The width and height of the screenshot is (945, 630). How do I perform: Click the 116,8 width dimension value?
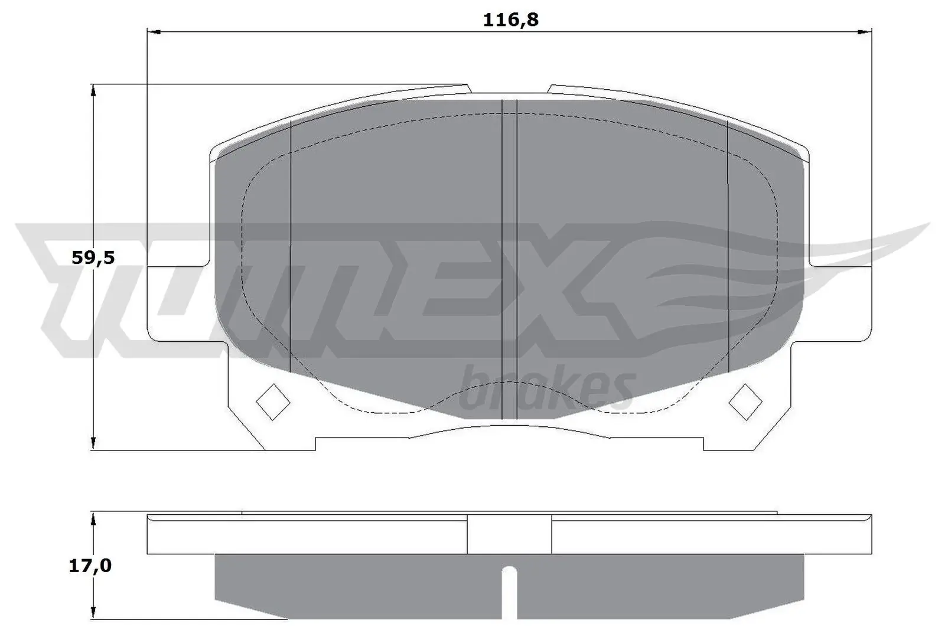(511, 20)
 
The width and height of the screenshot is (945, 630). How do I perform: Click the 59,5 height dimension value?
(93, 257)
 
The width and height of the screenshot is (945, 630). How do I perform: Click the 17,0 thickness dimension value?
(90, 566)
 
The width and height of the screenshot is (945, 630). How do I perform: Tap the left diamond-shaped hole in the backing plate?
(273, 401)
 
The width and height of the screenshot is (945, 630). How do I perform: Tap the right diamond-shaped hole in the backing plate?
(745, 401)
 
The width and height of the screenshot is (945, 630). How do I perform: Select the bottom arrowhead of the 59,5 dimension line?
(93, 443)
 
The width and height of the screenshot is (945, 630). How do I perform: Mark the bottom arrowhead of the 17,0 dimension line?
(93, 613)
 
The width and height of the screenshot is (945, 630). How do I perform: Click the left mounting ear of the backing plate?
(177, 304)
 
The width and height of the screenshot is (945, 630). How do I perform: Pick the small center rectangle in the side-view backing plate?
(509, 534)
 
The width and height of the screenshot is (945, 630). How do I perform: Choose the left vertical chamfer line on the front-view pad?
(291, 248)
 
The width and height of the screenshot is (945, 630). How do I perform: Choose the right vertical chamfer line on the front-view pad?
(728, 248)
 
